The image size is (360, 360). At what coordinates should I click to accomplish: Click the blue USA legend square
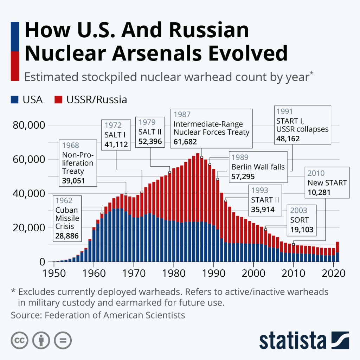pyautogui.click(x=15, y=100)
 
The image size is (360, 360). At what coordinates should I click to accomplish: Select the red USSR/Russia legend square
pyautogui.click(x=58, y=100)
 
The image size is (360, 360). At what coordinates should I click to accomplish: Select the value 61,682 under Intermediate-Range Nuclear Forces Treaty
pyautogui.click(x=185, y=142)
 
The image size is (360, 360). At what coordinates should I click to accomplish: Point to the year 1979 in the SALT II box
pyautogui.click(x=147, y=123)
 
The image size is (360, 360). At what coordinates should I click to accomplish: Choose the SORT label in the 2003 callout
pyautogui.click(x=300, y=220)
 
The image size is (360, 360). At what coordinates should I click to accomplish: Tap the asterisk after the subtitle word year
pyautogui.click(x=311, y=74)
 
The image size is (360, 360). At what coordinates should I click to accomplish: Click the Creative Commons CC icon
pyautogui.click(x=20, y=340)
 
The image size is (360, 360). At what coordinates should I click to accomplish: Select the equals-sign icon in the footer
pyautogui.click(x=63, y=340)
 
